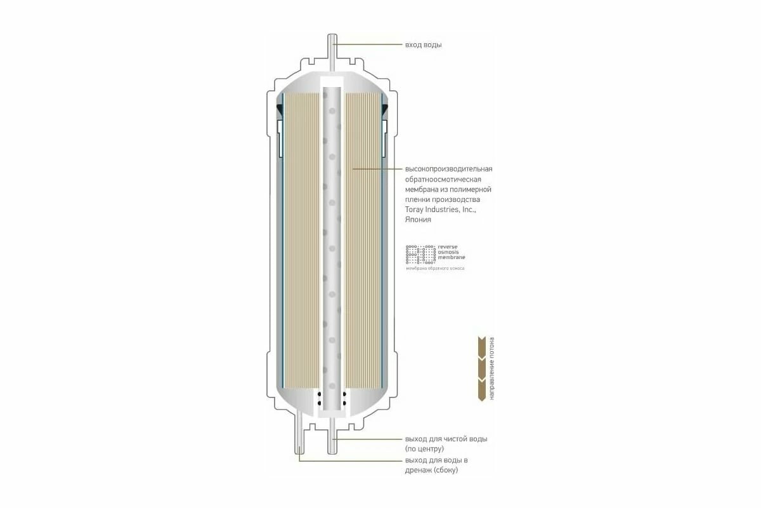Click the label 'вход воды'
423,45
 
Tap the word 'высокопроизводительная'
448,168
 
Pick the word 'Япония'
418,220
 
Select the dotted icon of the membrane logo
419,253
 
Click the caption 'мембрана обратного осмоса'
435,269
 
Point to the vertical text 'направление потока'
493,368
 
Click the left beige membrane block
300,241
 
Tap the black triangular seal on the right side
384,111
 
